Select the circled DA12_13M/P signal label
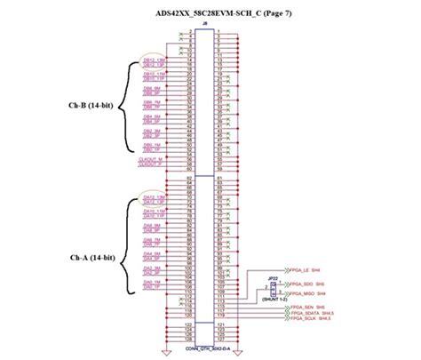click(x=153, y=204)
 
